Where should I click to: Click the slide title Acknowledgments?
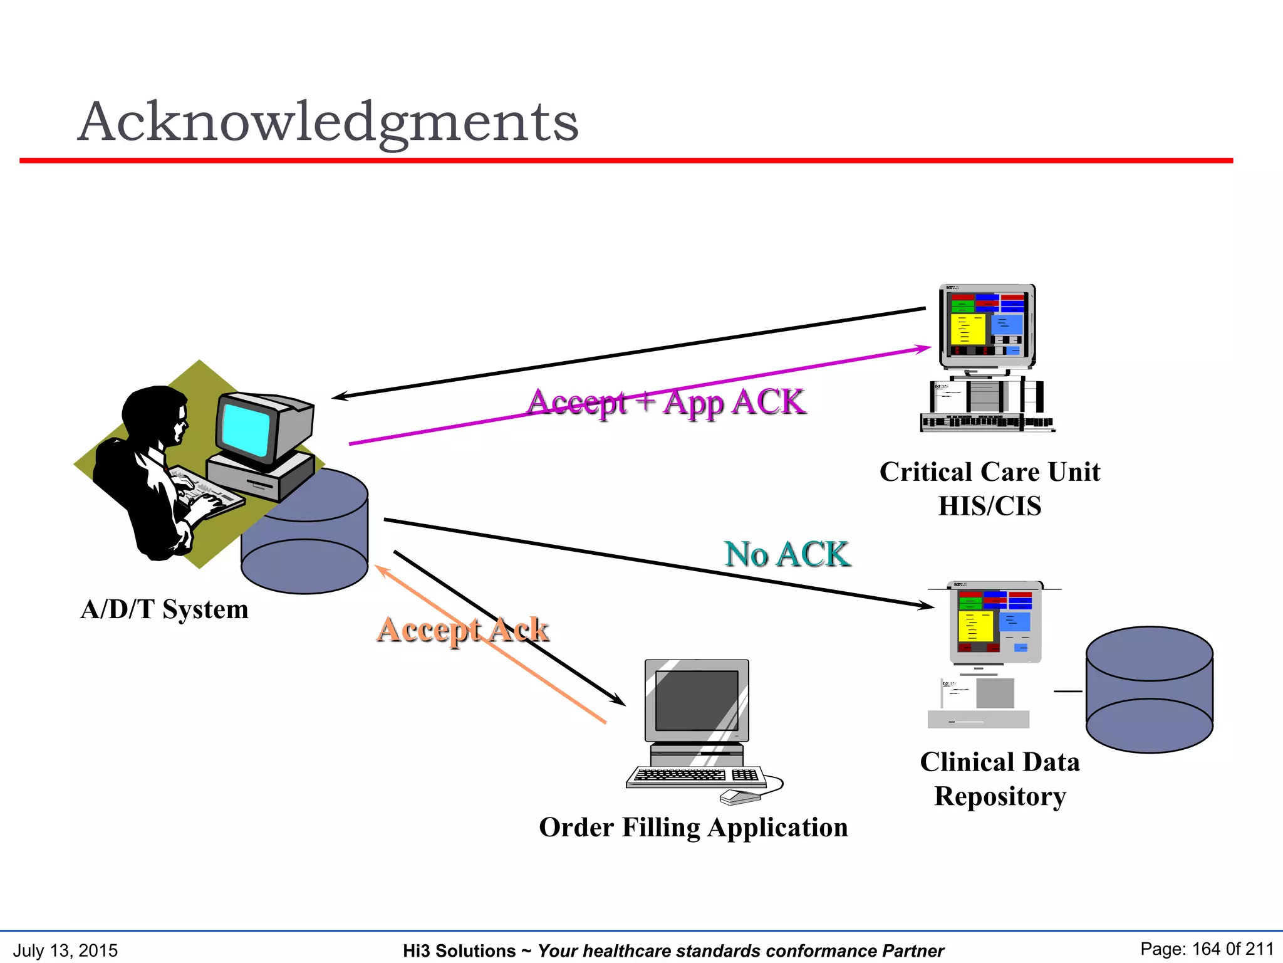pyautogui.click(x=328, y=122)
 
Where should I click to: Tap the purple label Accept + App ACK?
pyautogui.click(x=666, y=402)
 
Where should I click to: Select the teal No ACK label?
pyautogui.click(x=787, y=554)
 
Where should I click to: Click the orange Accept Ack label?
pyautogui.click(x=463, y=629)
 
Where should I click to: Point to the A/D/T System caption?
pyautogui.click(x=165, y=609)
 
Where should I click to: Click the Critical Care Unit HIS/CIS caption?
pyautogui.click(x=989, y=488)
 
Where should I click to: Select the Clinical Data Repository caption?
pyautogui.click(x=1000, y=779)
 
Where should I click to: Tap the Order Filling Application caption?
pyautogui.click(x=693, y=828)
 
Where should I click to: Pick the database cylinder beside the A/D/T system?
pyautogui.click(x=304, y=552)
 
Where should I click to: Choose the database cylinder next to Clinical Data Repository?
pyautogui.click(x=1149, y=690)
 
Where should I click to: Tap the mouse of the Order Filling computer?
pyautogui.click(x=740, y=797)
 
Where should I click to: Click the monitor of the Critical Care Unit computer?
pyautogui.click(x=987, y=325)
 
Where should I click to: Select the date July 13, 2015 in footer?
pyautogui.click(x=65, y=950)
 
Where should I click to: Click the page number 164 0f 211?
pyautogui.click(x=1207, y=949)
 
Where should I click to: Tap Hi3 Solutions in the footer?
pyautogui.click(x=459, y=951)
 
